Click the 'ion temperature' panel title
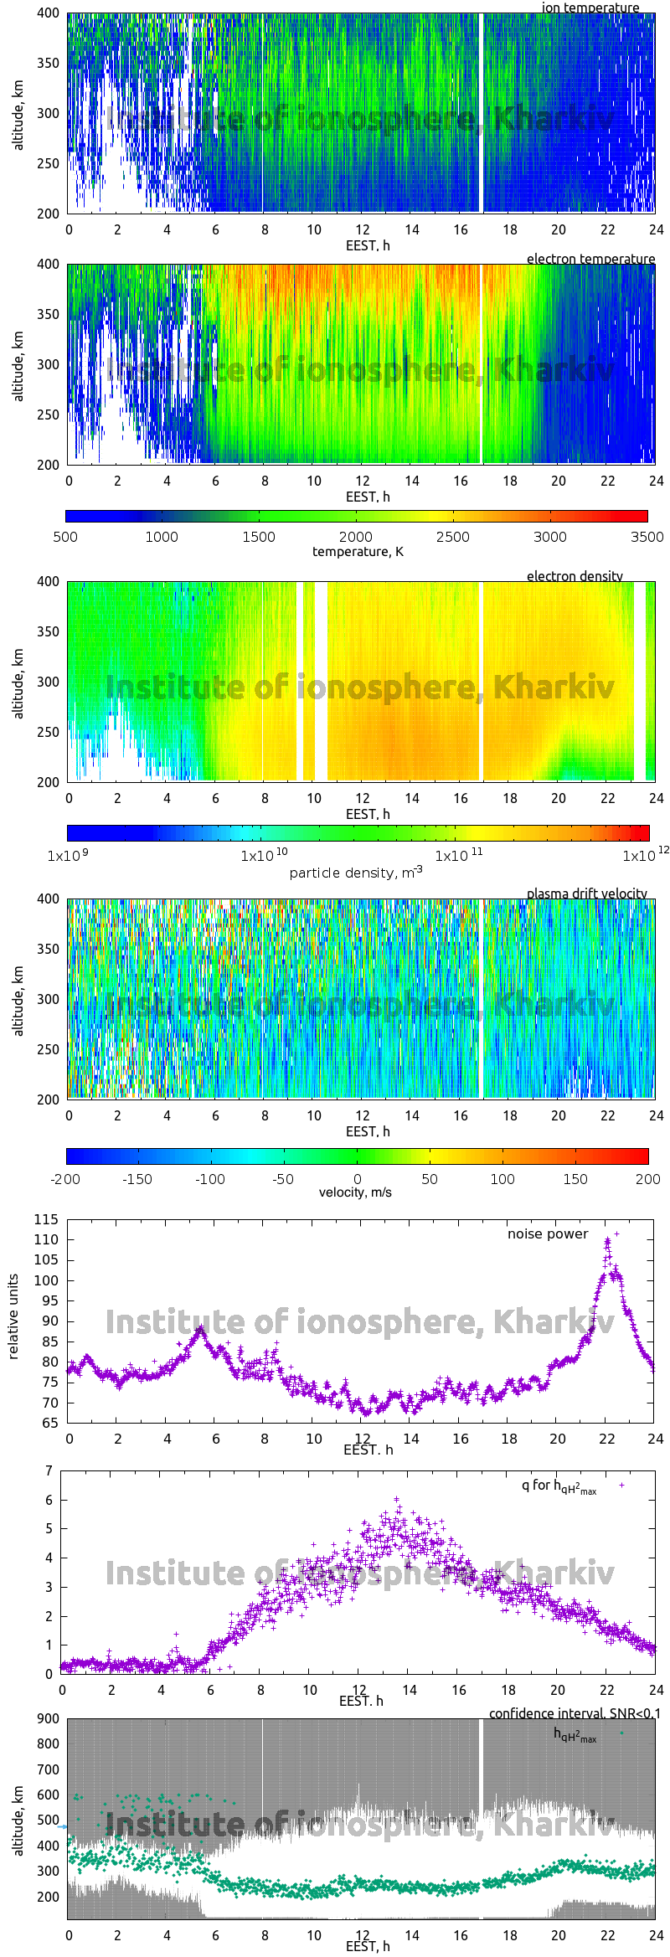590,8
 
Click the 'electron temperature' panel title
590,259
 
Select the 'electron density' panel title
575,576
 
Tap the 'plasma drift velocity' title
586,894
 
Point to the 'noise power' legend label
548,1233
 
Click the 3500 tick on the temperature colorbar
647,537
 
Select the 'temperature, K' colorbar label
358,551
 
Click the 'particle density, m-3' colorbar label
356,873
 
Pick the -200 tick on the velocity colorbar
65,1179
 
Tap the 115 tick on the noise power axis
46,1219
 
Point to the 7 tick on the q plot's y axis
49,1470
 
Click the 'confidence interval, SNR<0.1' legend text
575,1713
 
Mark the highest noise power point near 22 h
617,1233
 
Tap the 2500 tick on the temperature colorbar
452,537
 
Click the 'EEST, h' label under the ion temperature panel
368,245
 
